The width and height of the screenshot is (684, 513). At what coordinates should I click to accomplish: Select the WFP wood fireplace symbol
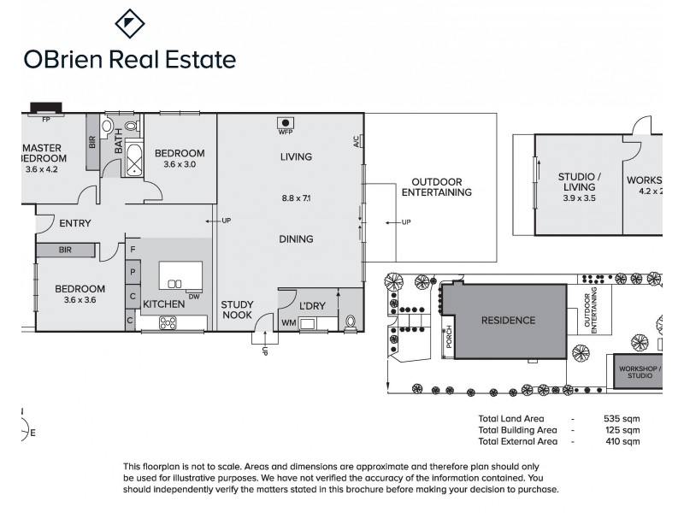285,123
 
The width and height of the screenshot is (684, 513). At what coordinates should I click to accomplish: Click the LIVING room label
296,157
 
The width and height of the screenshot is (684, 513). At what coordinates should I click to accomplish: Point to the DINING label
296,239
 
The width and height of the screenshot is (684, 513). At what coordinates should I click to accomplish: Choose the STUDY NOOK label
237,310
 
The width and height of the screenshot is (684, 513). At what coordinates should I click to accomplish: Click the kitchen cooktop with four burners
168,322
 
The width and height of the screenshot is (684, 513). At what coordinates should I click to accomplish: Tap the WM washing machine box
288,322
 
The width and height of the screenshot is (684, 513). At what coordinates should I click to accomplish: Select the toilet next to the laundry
351,322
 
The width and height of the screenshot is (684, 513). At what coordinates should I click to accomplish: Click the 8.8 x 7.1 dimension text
296,198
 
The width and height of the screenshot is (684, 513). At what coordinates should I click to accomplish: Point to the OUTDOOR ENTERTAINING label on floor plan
437,187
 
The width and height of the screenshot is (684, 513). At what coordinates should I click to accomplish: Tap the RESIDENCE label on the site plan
508,321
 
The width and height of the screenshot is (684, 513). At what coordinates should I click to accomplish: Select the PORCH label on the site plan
448,339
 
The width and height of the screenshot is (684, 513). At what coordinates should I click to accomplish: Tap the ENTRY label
75,224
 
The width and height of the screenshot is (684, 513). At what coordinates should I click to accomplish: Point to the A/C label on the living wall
356,142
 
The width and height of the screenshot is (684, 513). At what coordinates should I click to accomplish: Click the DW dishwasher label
194,297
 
